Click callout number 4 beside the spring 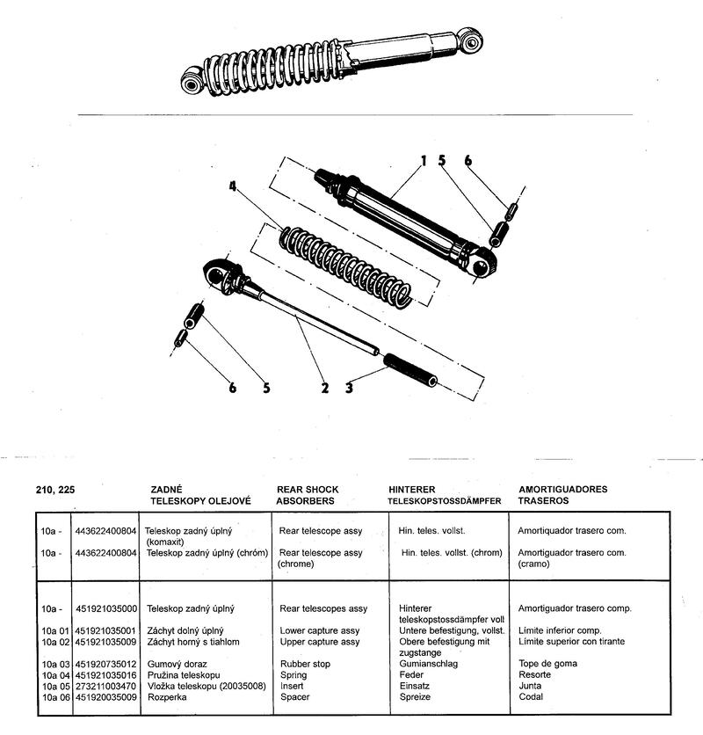[x=233, y=186]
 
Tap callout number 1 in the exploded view [x=423, y=161]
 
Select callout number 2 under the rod [x=324, y=388]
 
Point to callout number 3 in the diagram [x=348, y=388]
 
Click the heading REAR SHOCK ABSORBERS [x=308, y=495]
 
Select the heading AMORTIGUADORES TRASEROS [x=562, y=495]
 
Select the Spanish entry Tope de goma [x=547, y=664]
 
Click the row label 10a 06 [x=55, y=696]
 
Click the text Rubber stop [x=305, y=664]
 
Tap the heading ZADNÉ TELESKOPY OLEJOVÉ [x=201, y=495]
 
